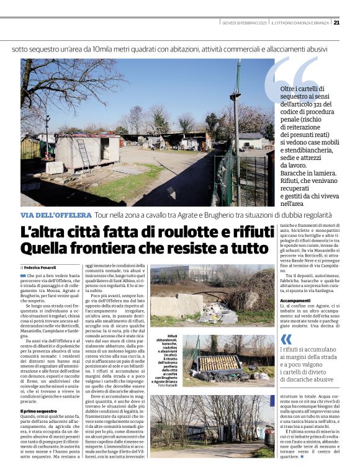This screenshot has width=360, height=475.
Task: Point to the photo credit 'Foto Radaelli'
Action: [x=167, y=386]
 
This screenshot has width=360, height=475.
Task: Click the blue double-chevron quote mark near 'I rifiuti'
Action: [x=286, y=339]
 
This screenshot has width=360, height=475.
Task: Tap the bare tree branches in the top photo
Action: [x=62, y=87]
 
